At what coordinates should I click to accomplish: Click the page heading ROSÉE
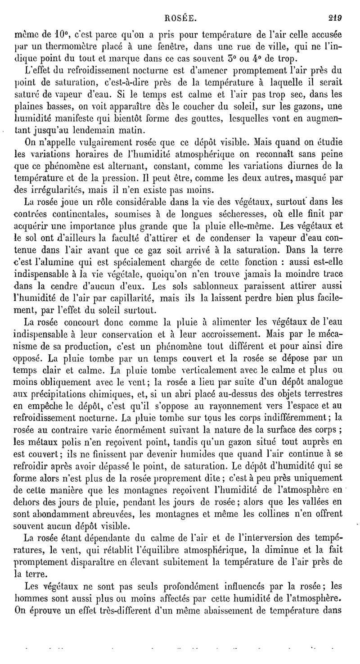(x=180, y=6)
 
